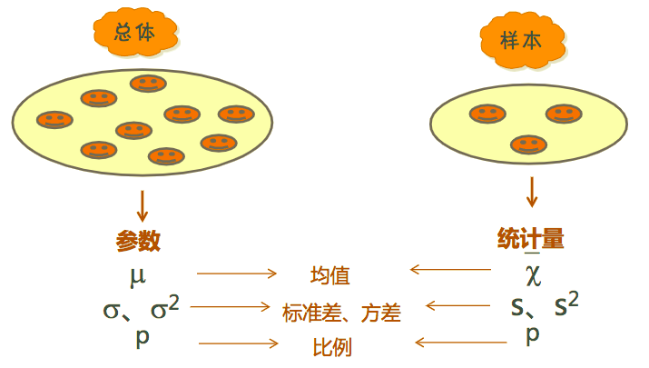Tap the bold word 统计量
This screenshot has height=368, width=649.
point(531,239)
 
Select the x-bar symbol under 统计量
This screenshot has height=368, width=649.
point(532,271)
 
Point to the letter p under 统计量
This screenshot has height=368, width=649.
point(533,333)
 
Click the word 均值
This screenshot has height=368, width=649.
point(329,275)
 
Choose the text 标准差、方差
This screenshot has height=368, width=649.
point(341,313)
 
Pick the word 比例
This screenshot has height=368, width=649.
point(332,347)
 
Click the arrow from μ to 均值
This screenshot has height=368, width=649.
point(236,273)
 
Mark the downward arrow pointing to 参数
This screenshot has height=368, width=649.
point(142,204)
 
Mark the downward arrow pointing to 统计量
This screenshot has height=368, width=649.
point(532,191)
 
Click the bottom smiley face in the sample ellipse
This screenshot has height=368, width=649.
point(528,144)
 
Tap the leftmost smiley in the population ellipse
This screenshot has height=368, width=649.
point(55,119)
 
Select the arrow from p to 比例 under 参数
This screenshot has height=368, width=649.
point(238,343)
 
